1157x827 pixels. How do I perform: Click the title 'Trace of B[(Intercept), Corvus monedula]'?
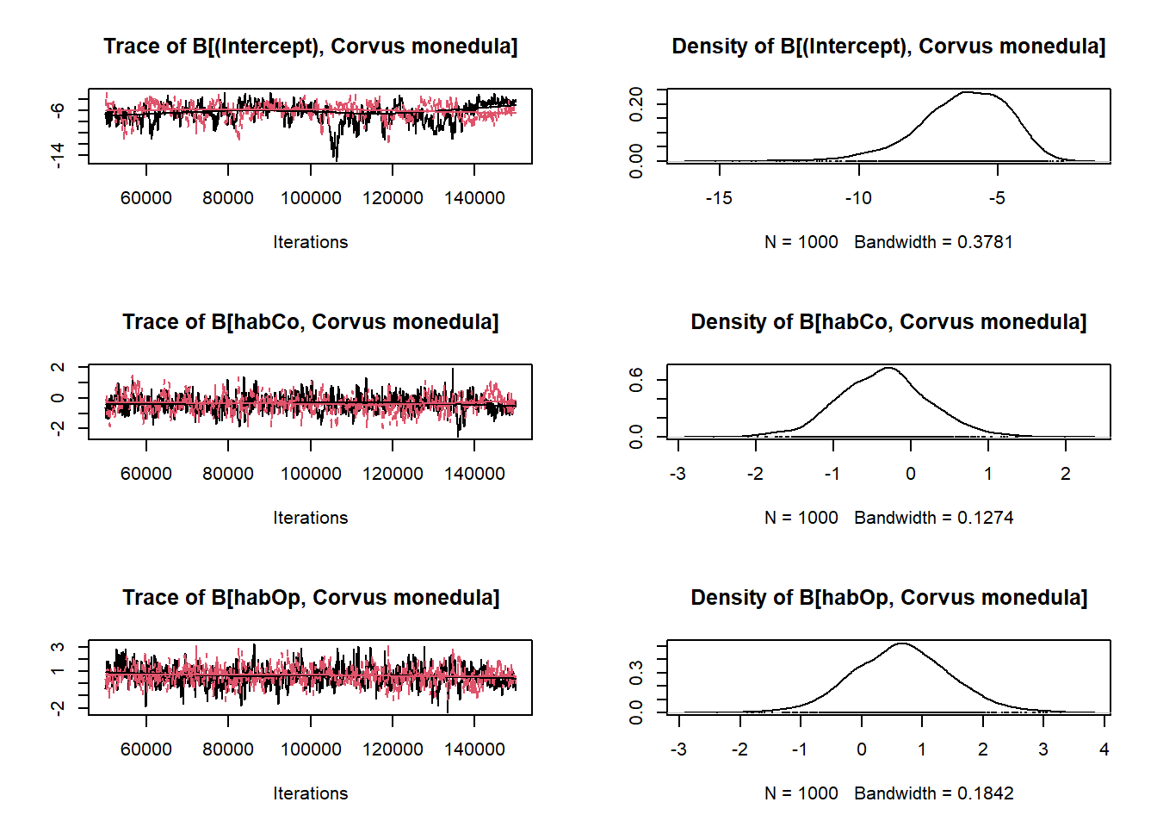click(x=310, y=47)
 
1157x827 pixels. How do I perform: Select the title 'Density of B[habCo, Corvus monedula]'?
click(x=888, y=322)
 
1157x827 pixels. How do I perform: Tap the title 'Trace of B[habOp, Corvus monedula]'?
click(x=310, y=598)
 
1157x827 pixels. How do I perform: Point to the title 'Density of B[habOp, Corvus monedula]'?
click(x=888, y=598)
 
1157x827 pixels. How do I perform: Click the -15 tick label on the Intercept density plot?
click(x=719, y=198)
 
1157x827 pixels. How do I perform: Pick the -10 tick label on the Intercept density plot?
click(x=858, y=198)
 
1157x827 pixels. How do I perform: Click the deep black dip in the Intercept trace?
click(x=335, y=155)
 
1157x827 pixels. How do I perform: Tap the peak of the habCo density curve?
click(x=888, y=369)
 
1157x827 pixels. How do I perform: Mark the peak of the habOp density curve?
click(x=901, y=644)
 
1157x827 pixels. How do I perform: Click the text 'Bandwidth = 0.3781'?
click(x=933, y=242)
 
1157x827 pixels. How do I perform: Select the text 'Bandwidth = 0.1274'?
click(x=933, y=518)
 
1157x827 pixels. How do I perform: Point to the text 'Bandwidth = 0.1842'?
click(x=933, y=793)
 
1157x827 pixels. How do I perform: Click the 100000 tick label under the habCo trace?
click(x=311, y=474)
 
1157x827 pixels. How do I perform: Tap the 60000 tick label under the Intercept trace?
click(x=146, y=198)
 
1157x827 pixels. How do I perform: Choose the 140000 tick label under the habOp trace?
click(x=474, y=749)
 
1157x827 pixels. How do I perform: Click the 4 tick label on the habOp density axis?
click(x=1104, y=749)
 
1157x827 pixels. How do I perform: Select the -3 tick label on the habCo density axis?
click(x=678, y=474)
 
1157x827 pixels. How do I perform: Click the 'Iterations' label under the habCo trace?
click(x=310, y=518)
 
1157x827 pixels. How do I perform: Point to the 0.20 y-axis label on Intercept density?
click(x=636, y=104)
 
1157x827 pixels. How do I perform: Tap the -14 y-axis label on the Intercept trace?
click(x=57, y=155)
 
